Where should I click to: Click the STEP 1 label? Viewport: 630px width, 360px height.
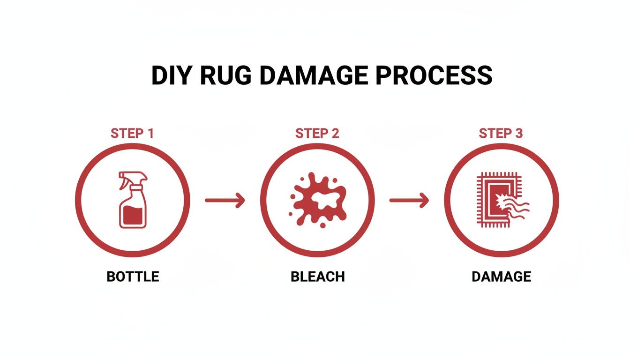(132, 134)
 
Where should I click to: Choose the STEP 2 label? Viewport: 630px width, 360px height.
(317, 134)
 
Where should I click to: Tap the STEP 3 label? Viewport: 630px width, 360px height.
(501, 134)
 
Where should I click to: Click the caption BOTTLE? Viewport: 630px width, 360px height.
(133, 277)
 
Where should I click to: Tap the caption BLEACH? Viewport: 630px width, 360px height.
(318, 277)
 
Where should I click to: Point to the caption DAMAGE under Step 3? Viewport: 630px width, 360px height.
(501, 277)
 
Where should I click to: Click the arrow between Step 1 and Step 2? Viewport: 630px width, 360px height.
(225, 201)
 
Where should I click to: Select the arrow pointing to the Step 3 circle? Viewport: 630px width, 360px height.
(409, 201)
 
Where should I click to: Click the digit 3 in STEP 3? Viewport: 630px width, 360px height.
(518, 134)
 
